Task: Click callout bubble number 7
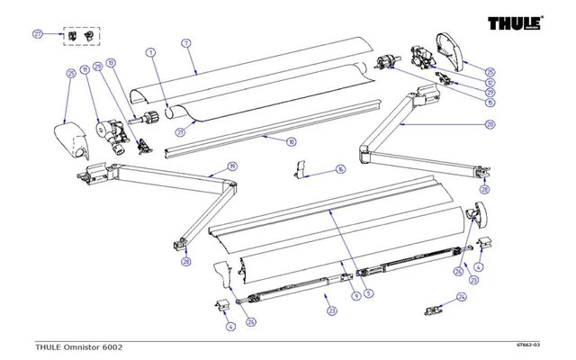point(184,42)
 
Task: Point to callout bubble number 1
point(150,53)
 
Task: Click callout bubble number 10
point(291,142)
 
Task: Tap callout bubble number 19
point(231,166)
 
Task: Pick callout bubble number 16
point(315,168)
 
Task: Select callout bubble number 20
point(490,125)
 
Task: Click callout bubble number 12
point(490,82)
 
